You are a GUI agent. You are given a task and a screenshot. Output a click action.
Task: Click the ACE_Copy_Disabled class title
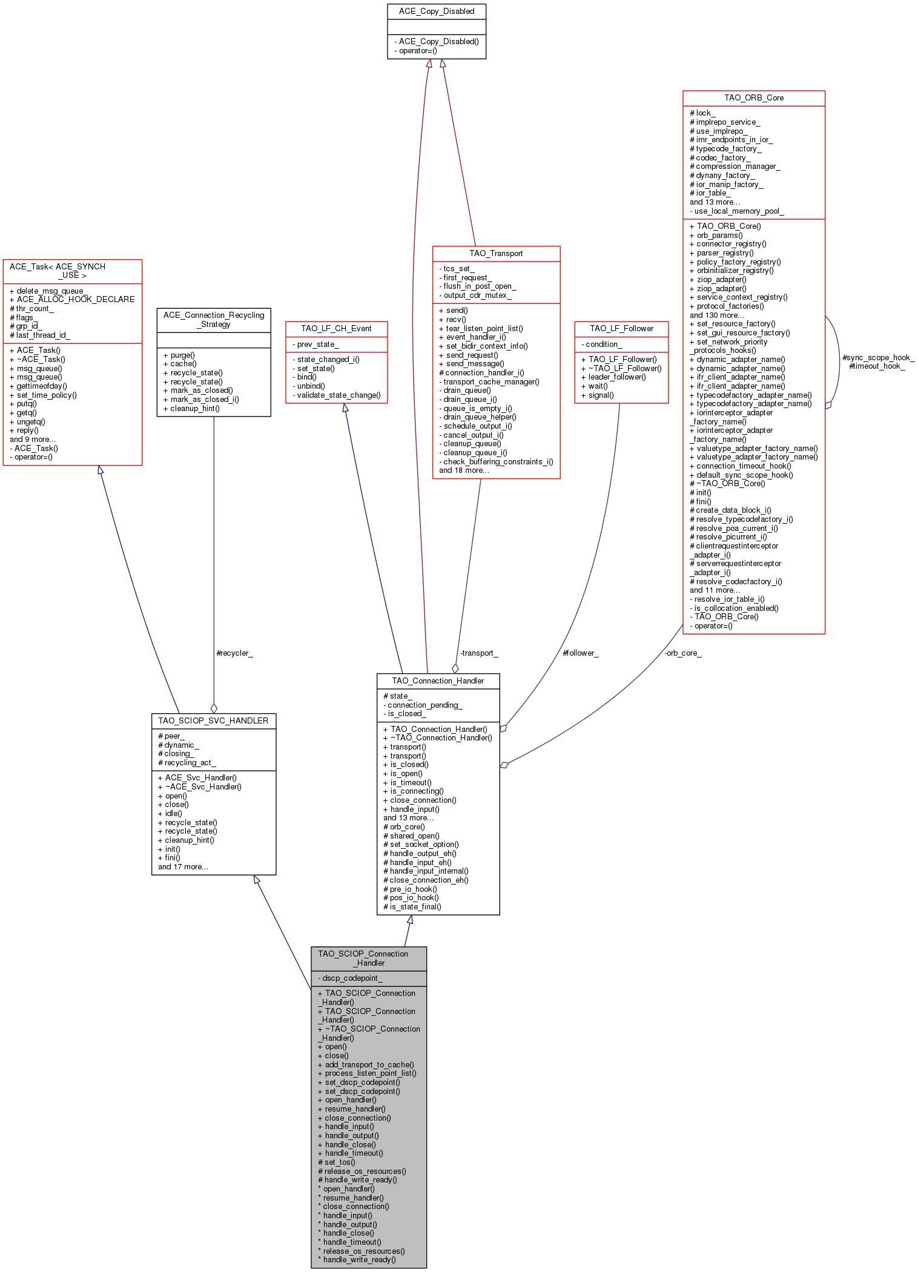point(437,12)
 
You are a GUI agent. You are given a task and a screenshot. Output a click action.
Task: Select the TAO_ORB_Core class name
point(754,98)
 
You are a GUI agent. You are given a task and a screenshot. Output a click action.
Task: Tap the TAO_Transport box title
point(496,254)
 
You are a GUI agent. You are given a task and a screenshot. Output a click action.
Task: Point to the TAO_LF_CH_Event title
point(337,329)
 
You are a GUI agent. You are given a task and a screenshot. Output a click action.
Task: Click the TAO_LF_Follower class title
point(621,329)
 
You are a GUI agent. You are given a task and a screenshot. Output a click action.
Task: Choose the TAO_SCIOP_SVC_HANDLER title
point(213,721)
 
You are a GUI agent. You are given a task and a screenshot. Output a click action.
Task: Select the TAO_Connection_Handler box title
point(438,681)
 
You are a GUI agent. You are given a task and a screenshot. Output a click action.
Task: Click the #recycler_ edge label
point(234,653)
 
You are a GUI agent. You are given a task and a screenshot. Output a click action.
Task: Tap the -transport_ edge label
point(479,653)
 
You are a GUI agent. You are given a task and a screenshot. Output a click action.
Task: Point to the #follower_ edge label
point(581,653)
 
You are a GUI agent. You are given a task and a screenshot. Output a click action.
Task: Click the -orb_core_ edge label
point(683,653)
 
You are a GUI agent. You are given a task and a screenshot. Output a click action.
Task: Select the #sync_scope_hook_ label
point(878,358)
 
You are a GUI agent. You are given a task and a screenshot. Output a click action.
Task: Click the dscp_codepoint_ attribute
point(350,978)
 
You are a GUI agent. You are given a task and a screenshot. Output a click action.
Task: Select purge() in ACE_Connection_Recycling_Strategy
point(179,355)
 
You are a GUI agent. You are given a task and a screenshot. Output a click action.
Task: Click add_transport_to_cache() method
point(366,1064)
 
